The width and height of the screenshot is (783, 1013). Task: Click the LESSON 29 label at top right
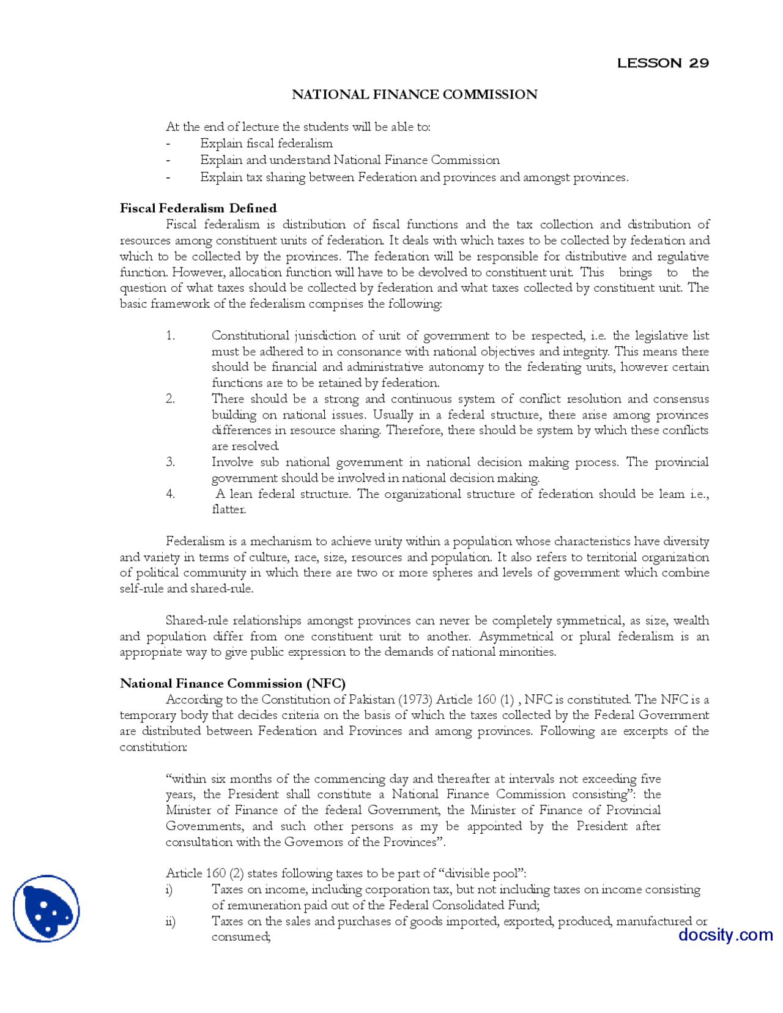(x=662, y=63)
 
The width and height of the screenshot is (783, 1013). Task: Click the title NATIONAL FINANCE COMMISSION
(x=414, y=94)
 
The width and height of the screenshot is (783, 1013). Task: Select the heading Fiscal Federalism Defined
(x=198, y=208)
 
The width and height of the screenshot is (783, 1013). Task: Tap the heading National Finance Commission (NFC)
(x=232, y=683)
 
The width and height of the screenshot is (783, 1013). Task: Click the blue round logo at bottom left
(x=46, y=908)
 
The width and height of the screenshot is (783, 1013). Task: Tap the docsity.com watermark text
(x=725, y=935)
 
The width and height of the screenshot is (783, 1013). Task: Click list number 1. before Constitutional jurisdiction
(x=171, y=336)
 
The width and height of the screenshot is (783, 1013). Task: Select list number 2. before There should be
(x=171, y=399)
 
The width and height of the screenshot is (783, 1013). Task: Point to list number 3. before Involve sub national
(x=171, y=462)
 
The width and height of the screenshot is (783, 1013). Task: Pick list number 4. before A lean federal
(x=171, y=494)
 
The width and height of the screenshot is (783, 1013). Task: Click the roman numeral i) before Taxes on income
(x=169, y=889)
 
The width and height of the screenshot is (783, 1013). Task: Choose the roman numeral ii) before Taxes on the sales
(x=170, y=921)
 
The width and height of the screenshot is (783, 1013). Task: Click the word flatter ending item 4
(x=228, y=510)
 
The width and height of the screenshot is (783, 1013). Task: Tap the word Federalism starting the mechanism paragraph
(x=195, y=541)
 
